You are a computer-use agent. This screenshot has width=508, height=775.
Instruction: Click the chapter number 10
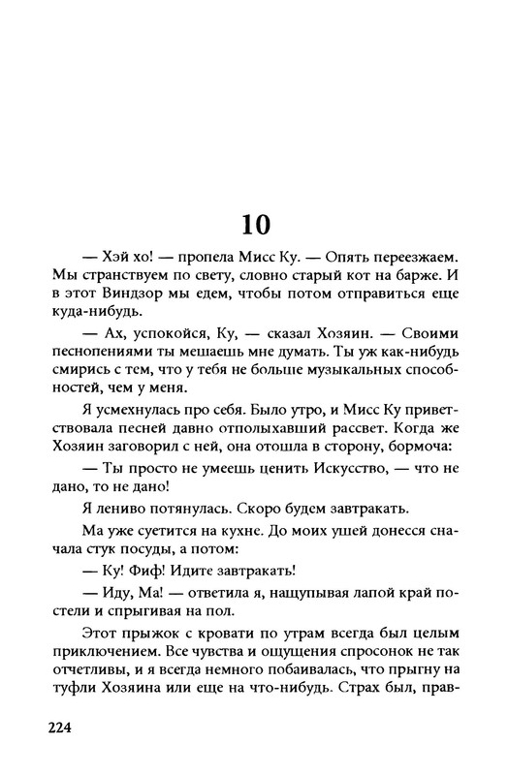[253, 224]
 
